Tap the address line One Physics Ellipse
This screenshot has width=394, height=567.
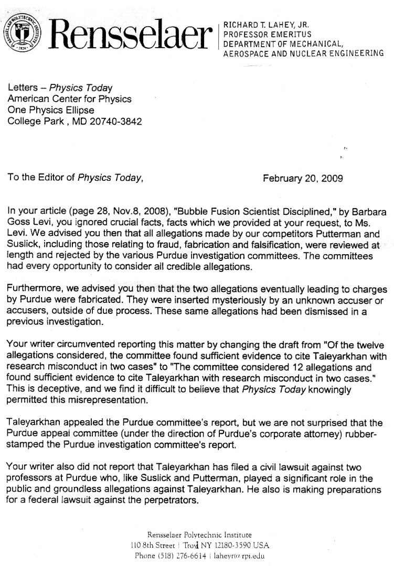[51, 111]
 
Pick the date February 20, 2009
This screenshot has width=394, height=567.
[303, 178]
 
